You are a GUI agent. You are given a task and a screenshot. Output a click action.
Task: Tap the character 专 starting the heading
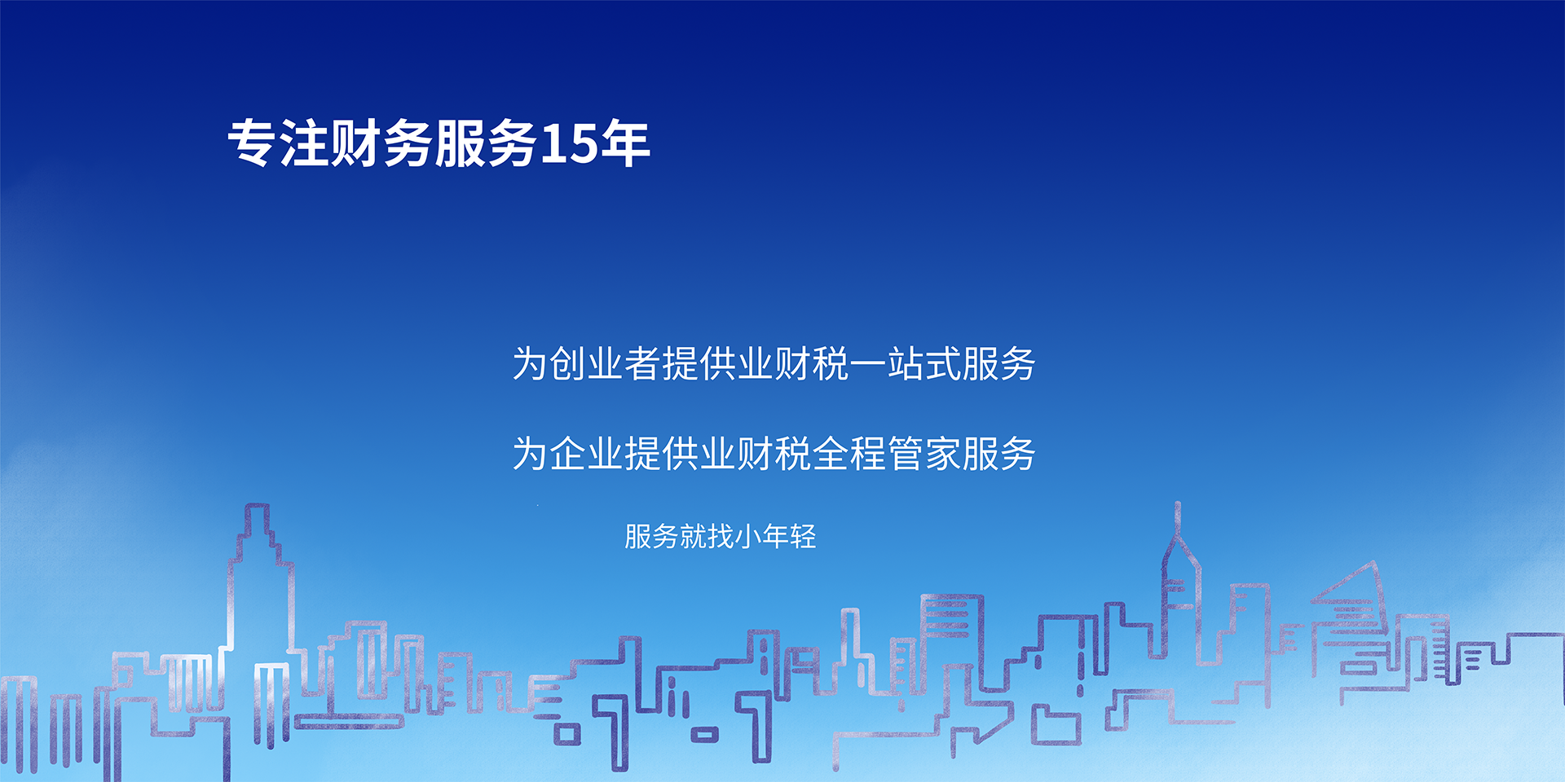[253, 143]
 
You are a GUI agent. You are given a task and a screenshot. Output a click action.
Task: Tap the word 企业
[587, 453]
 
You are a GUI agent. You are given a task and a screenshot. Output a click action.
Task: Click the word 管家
[924, 453]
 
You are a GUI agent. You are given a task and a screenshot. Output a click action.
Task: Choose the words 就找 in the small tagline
[707, 536]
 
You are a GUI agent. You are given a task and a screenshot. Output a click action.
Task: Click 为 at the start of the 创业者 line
[530, 363]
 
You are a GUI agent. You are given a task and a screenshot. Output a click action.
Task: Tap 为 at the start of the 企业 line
[530, 453]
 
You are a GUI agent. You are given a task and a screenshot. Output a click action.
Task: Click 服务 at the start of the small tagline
[652, 536]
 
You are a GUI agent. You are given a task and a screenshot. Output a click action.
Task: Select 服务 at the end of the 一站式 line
[999, 363]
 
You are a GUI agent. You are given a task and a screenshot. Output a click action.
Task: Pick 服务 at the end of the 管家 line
[999, 453]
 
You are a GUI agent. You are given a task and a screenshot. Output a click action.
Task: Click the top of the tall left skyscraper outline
[258, 506]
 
